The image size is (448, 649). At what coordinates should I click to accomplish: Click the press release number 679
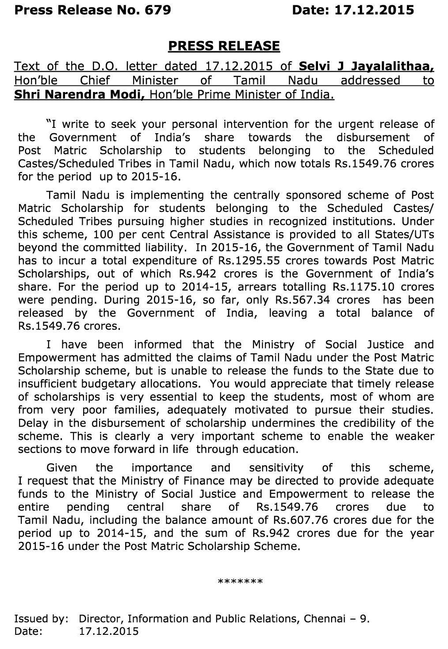(x=158, y=10)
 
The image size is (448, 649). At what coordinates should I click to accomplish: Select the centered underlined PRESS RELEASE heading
(x=224, y=46)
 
